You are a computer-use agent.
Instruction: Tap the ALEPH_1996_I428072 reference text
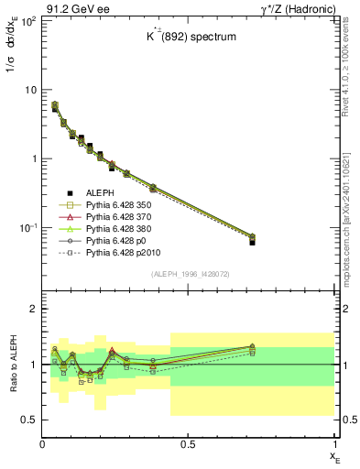(189, 274)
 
